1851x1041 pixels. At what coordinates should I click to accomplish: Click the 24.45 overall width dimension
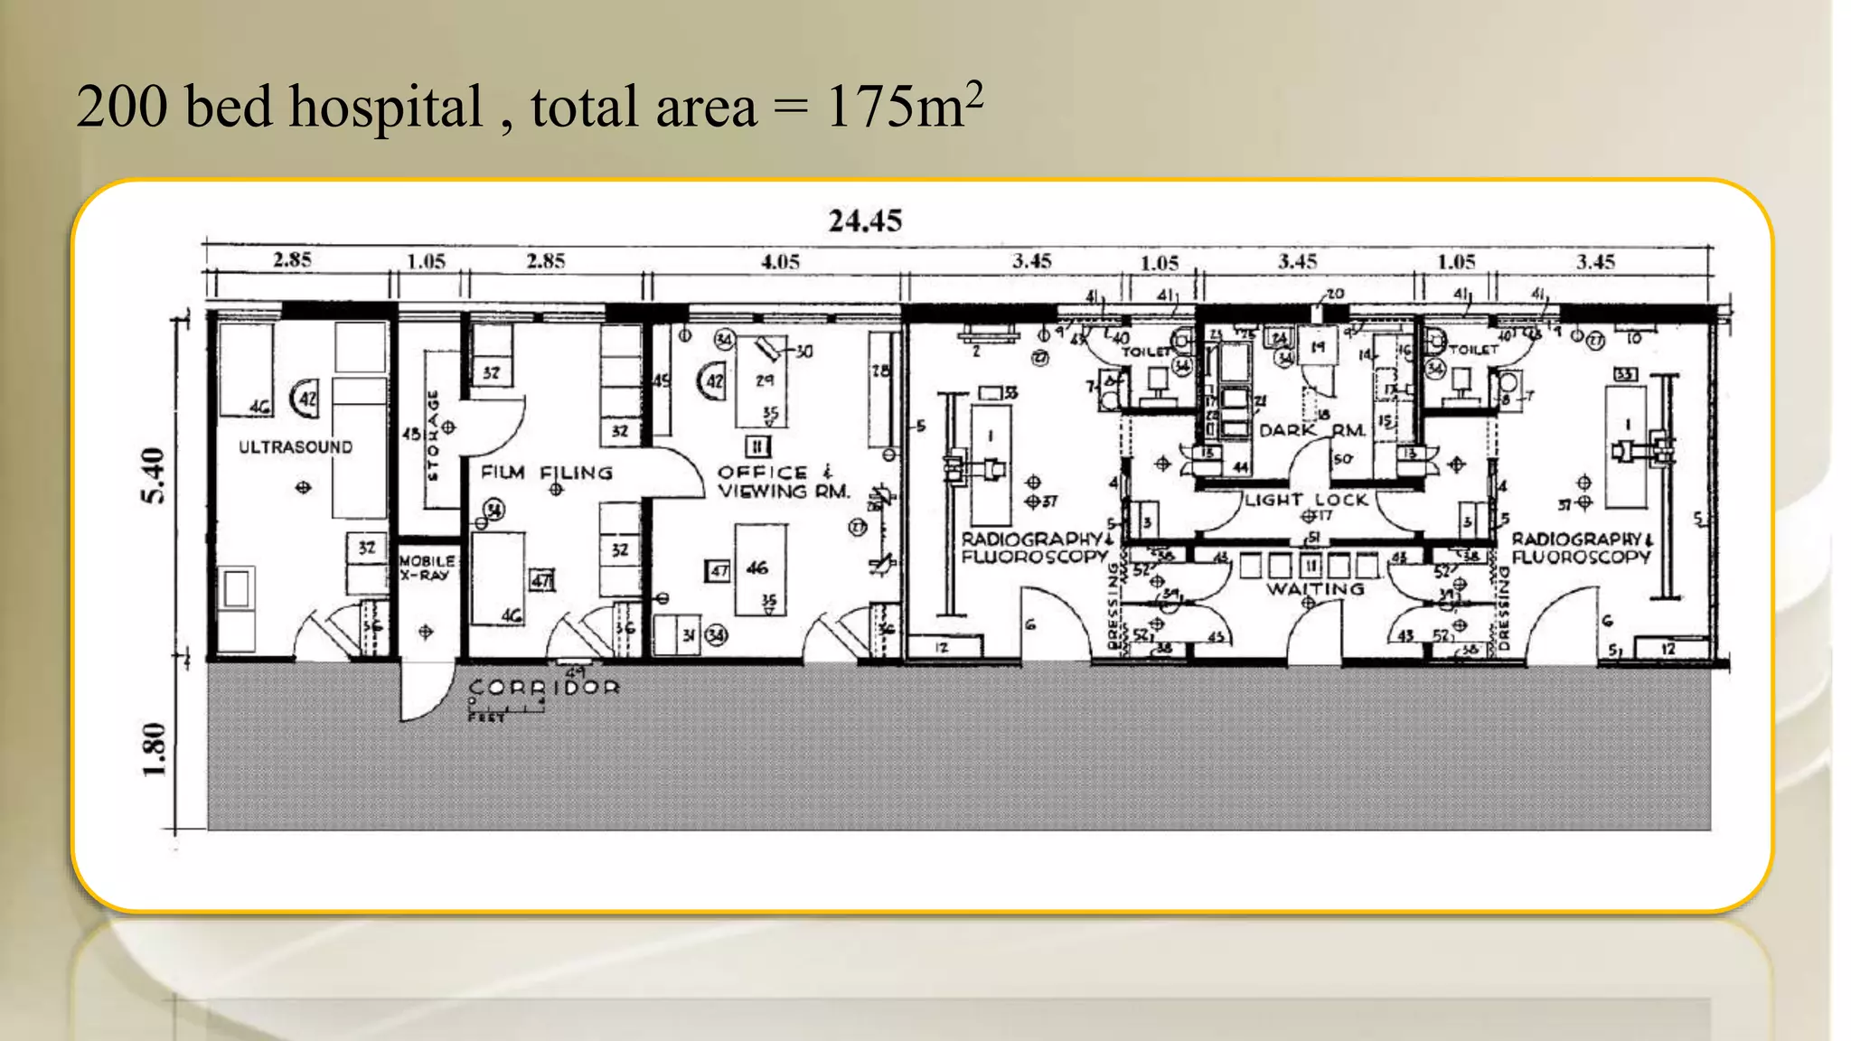tap(865, 220)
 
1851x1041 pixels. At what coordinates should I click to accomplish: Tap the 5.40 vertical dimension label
tap(155, 475)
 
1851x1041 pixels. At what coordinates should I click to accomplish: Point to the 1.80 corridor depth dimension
tap(155, 749)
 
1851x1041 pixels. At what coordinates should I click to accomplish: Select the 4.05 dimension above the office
tap(780, 262)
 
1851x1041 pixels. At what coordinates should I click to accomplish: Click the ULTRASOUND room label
tap(296, 447)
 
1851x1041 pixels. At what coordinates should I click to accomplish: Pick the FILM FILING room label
tap(547, 473)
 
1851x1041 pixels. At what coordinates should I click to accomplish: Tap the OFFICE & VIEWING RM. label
tap(783, 483)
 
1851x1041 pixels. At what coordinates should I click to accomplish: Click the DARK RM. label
tap(1311, 430)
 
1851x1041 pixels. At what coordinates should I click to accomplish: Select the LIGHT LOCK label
tap(1306, 500)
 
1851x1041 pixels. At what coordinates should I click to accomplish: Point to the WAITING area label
tap(1315, 589)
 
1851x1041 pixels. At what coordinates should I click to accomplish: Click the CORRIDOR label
tap(544, 688)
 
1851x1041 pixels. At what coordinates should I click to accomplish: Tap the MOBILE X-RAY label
tap(427, 567)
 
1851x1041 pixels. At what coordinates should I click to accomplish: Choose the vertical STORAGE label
tap(433, 435)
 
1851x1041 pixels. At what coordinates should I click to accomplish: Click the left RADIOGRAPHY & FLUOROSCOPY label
tap(1034, 548)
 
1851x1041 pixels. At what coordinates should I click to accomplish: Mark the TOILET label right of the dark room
tap(1474, 349)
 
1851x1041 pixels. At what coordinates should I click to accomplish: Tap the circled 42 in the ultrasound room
tap(305, 399)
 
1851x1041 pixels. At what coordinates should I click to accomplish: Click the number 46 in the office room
tap(757, 567)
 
